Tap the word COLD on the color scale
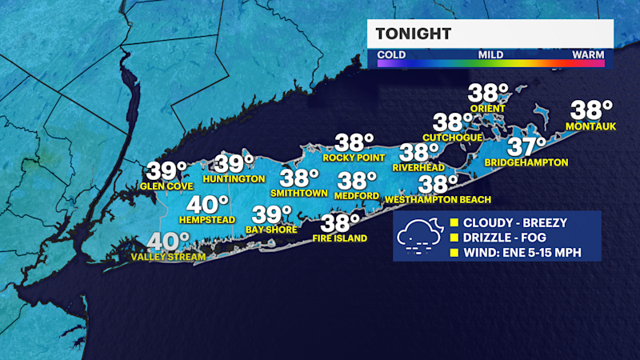click(391, 55)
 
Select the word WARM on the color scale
click(588, 55)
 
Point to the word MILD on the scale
click(490, 55)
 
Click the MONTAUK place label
click(589, 127)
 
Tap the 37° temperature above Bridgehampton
click(526, 147)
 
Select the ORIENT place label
click(486, 109)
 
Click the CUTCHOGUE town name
click(453, 138)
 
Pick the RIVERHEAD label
click(419, 168)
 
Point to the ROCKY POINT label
click(349, 158)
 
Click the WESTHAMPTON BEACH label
click(438, 199)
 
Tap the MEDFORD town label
click(357, 196)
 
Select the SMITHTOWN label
click(299, 193)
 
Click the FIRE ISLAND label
click(340, 238)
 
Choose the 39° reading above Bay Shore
click(272, 214)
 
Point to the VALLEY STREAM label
click(168, 257)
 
